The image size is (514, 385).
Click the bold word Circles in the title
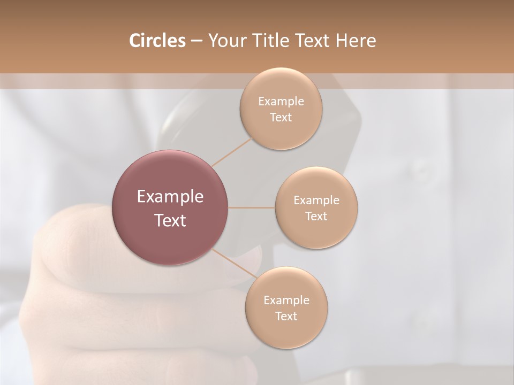click(157, 41)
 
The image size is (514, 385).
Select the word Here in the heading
click(356, 41)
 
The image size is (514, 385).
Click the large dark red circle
click(170, 207)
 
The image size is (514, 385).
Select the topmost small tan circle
click(281, 109)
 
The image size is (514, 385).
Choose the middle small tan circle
click(316, 207)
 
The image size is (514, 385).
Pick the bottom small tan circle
click(286, 308)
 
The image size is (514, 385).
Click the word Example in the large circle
click(170, 197)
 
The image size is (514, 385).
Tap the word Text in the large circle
click(170, 220)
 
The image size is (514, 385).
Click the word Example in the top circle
click(281, 101)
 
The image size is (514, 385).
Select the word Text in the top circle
click(281, 117)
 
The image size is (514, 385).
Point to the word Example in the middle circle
click(316, 200)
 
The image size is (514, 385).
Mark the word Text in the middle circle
click(316, 216)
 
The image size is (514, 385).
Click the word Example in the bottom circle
click(286, 300)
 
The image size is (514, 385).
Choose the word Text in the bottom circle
click(286, 316)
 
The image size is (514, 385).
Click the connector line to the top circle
click(232, 151)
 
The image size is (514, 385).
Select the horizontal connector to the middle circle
click(252, 207)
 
